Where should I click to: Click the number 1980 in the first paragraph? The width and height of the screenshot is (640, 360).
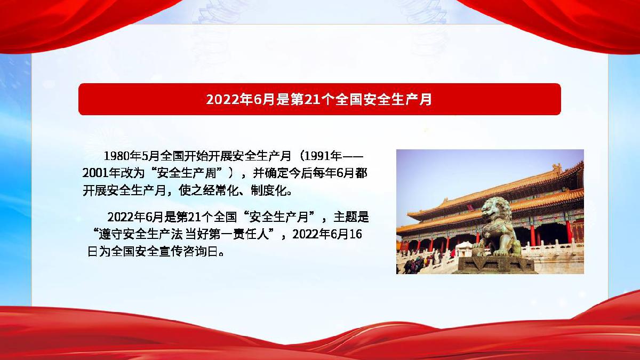tap(116, 156)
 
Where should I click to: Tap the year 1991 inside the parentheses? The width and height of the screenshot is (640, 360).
tap(317, 156)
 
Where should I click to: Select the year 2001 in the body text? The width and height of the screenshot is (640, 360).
tap(95, 173)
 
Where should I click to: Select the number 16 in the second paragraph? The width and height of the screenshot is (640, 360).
tap(355, 235)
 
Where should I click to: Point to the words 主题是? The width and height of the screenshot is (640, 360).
tap(351, 217)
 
